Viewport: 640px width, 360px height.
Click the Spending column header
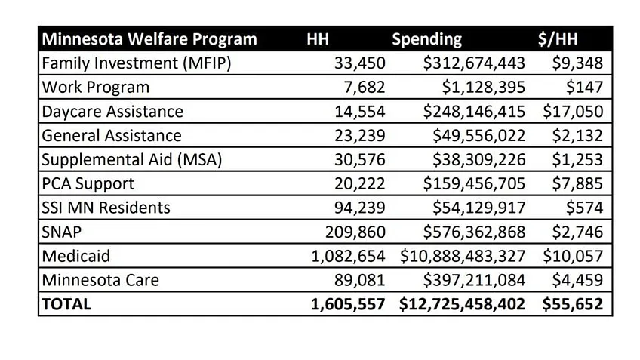426,39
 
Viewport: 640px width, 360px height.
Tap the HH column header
317,39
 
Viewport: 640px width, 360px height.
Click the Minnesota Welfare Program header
149,39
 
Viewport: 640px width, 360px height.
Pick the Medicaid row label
76,256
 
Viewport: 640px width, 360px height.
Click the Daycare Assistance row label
112,112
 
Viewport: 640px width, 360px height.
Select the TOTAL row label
66,304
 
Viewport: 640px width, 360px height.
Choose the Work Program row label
96,88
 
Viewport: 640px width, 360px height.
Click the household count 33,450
359,63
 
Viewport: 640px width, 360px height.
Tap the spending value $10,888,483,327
463,256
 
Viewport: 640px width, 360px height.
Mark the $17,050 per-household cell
573,112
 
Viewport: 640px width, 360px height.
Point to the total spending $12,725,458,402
463,304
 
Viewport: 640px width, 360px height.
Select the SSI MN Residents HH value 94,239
359,208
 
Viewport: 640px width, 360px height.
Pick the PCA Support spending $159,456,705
473,183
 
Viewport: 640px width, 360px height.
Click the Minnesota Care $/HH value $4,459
577,280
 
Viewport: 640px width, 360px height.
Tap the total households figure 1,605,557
348,304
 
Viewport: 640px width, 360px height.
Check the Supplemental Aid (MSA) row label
122,160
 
